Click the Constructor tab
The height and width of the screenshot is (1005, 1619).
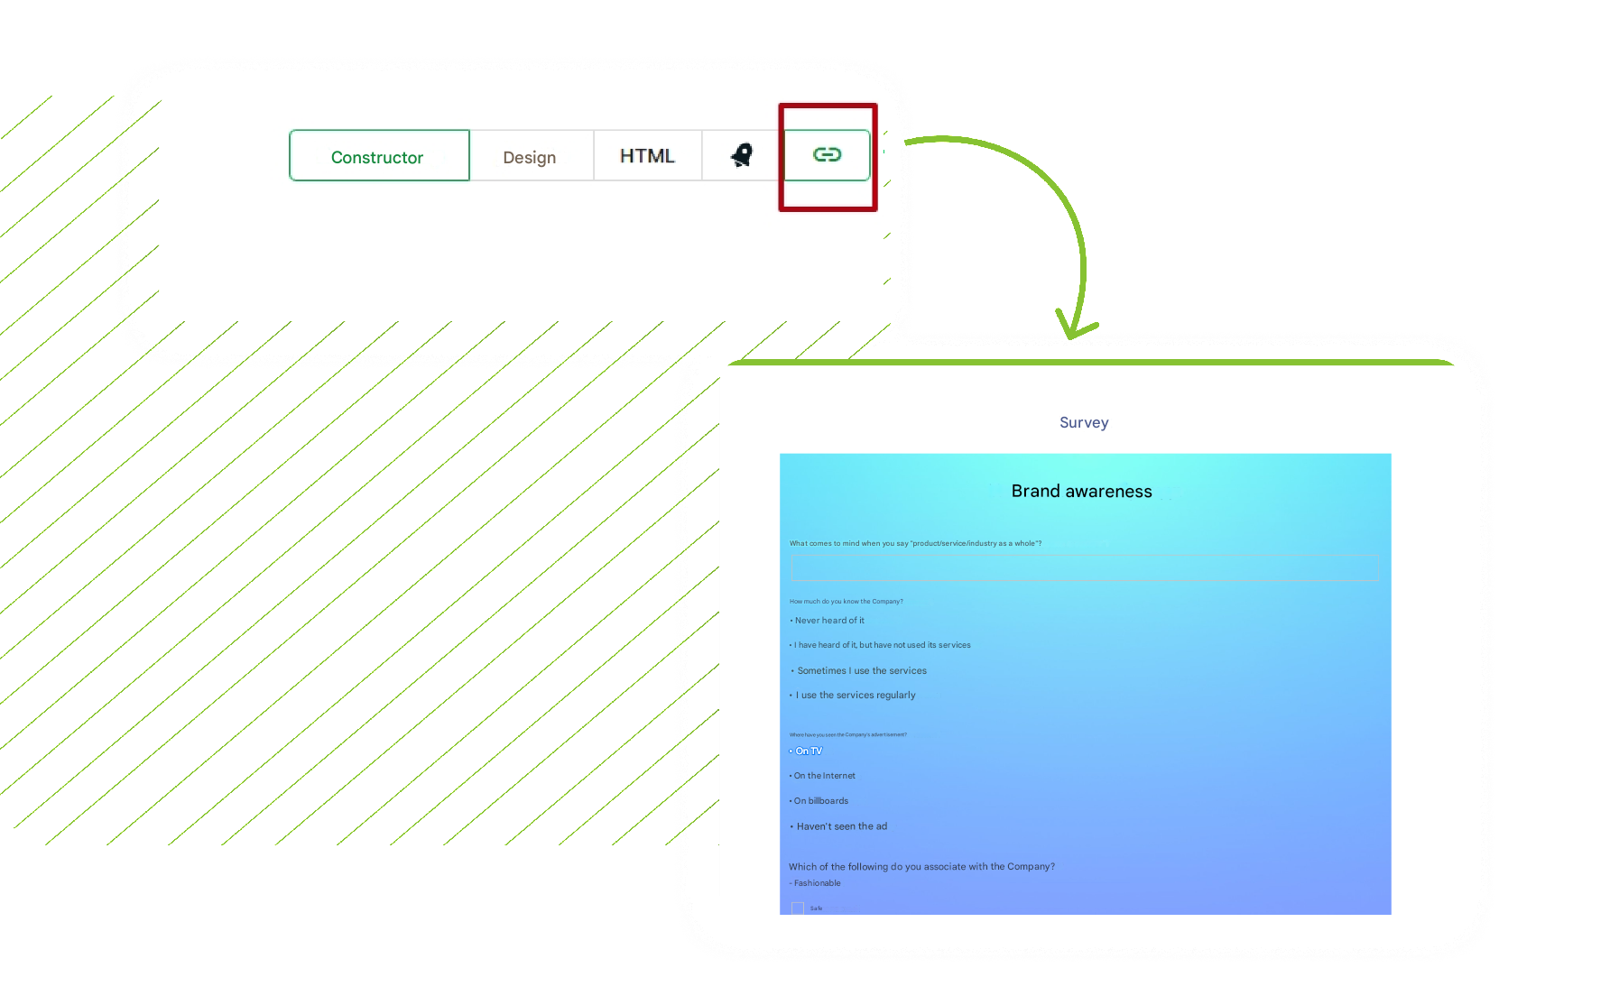[378, 157]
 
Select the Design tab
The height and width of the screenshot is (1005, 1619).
[530, 157]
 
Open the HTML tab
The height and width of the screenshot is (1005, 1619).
[647, 156]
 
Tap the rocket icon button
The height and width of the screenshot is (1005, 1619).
[742, 155]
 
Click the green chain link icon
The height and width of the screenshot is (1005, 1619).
[827, 155]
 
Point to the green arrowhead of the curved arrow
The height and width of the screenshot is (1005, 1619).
[1073, 329]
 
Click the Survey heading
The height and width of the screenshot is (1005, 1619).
[1084, 422]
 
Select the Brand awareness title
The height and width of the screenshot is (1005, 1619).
[1081, 491]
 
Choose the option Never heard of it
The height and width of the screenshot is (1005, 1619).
[829, 621]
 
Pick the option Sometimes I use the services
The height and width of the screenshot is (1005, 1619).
[861, 671]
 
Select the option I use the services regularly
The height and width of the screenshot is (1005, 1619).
[856, 696]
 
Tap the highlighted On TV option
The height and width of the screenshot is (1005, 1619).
[809, 751]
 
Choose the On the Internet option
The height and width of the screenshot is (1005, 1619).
[824, 776]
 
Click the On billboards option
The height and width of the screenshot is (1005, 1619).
[821, 801]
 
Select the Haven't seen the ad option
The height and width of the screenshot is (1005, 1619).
[841, 826]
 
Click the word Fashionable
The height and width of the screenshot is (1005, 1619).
[818, 883]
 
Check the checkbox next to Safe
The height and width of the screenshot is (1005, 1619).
[798, 908]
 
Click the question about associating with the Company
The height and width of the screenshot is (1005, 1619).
[921, 867]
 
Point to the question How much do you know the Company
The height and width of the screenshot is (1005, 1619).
[846, 602]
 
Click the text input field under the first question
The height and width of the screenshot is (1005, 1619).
[1084, 567]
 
